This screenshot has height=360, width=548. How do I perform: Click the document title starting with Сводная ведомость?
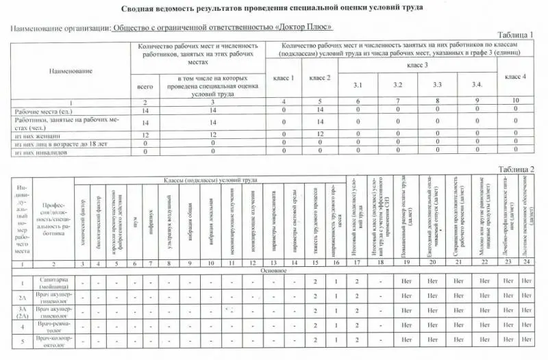[271, 8]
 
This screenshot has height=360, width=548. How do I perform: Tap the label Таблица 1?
[514, 34]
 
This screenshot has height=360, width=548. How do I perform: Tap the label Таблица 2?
[515, 169]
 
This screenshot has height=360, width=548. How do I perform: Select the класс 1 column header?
[284, 78]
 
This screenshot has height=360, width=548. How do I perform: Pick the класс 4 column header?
[515, 76]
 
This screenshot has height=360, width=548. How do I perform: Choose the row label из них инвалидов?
[38, 151]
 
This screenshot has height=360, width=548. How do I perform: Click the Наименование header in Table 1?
[70, 70]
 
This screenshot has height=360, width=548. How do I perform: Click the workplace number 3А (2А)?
[22, 312]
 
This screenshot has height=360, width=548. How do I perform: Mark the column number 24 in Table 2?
[526, 263]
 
